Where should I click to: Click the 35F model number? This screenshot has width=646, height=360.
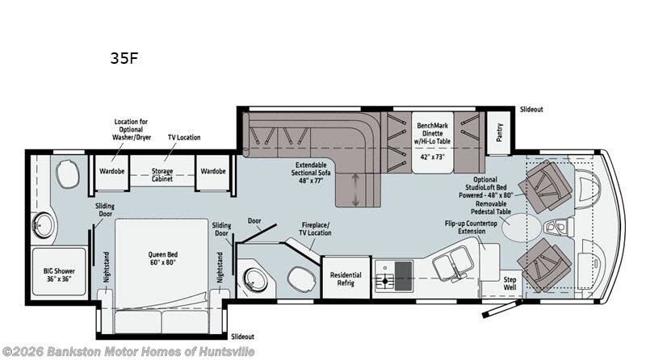point(124,58)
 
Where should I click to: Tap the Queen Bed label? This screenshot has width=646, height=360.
point(163,258)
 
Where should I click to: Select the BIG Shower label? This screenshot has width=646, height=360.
point(59,274)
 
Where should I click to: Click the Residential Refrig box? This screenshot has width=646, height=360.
point(346,278)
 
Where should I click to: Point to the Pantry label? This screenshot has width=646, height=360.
point(499,132)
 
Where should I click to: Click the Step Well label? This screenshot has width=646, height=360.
point(510,283)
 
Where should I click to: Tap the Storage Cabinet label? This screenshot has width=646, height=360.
point(162,174)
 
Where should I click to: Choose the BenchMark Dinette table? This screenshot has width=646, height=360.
point(433,142)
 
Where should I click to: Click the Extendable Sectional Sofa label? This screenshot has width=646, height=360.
point(311,173)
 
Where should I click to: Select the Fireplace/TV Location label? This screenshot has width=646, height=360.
point(316,229)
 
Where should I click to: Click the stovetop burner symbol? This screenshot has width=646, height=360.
point(385,282)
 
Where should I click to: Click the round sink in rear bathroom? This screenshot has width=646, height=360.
point(43,225)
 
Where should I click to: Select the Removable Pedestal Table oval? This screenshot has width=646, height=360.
point(521,228)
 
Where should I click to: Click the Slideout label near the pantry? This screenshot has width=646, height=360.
point(531,110)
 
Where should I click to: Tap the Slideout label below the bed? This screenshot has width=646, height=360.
point(242,337)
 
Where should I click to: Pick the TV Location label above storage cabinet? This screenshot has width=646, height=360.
point(184,137)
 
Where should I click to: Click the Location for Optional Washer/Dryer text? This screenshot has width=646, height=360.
point(132,129)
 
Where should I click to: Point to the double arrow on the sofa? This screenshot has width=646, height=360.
point(355,189)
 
